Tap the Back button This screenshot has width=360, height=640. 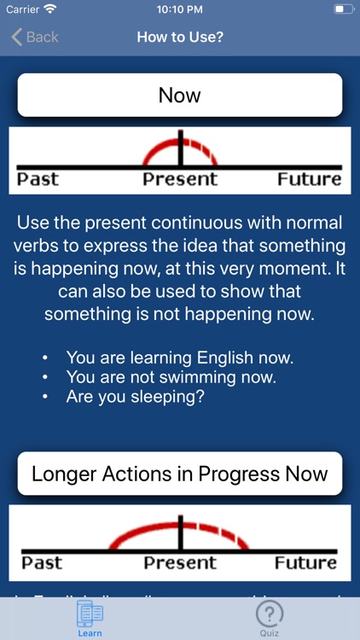(35, 37)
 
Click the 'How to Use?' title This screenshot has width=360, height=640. (180, 37)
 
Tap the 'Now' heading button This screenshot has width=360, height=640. (180, 95)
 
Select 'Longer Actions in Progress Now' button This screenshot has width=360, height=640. (180, 474)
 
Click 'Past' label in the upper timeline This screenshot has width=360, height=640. (38, 179)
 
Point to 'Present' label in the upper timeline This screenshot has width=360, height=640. (180, 179)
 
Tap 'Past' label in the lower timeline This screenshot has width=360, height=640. (42, 562)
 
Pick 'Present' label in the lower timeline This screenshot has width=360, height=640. (180, 562)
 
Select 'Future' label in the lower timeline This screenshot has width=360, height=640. (305, 562)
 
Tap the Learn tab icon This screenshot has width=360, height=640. (90, 614)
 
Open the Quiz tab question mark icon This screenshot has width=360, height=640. (270, 614)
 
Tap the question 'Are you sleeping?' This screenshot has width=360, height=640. (134, 397)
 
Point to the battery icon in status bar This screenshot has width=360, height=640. (342, 9)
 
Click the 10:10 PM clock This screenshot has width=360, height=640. (180, 9)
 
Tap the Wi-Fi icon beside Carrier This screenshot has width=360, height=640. (50, 9)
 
